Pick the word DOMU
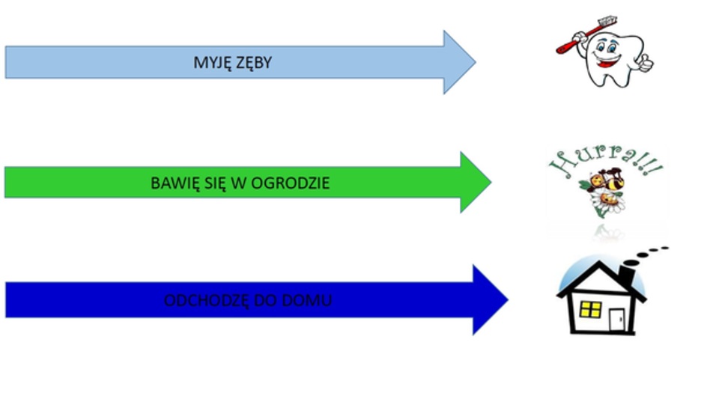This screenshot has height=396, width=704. (312, 301)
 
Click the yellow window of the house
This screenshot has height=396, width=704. (591, 309)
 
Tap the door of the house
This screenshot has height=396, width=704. (616, 320)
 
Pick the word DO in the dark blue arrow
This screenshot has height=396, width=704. (276, 301)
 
